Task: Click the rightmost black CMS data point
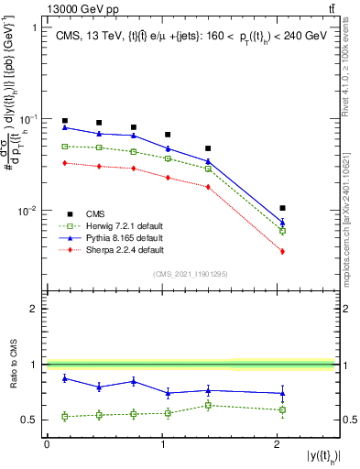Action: [x=282, y=208]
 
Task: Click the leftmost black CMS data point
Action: [x=65, y=121]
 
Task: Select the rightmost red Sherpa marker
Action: [x=282, y=251]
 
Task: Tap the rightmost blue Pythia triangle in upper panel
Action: [x=282, y=223]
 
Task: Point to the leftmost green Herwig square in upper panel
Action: [x=65, y=147]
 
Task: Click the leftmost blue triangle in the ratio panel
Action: [x=65, y=378]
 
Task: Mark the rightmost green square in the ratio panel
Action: [x=282, y=409]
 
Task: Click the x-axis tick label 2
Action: [x=278, y=444]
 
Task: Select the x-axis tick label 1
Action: [x=162, y=444]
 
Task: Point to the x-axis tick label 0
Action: [x=47, y=444]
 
